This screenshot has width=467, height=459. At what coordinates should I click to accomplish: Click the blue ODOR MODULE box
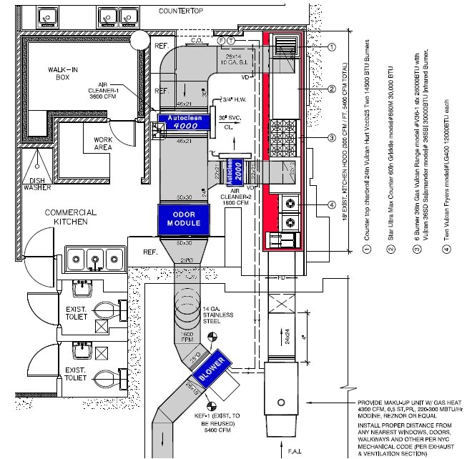[184, 219]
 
